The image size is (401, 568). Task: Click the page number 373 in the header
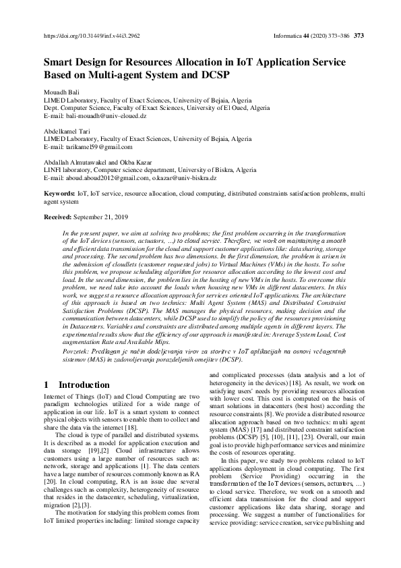[x=359, y=36]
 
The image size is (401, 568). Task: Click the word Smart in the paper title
[x=59, y=61]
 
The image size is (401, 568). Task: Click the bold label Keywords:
[x=59, y=194]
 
